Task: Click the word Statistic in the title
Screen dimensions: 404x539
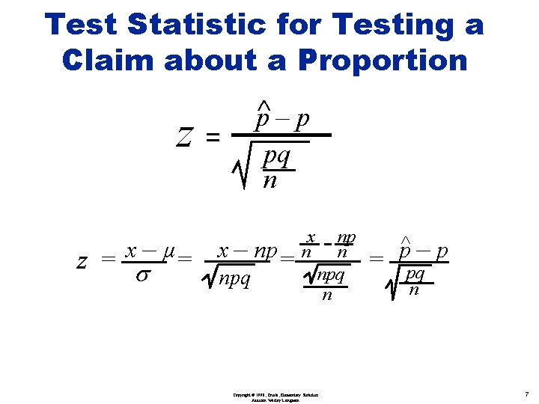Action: [x=196, y=25]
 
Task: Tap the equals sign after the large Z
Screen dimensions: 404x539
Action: [x=213, y=137]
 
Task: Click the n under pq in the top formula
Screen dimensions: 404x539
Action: [x=269, y=181]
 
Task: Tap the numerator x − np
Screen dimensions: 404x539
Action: [x=247, y=251]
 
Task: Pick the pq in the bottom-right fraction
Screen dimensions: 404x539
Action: [x=415, y=274]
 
